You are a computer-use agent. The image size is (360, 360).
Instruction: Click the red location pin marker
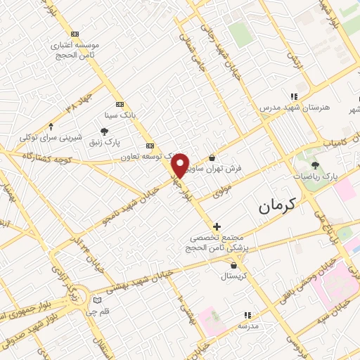181,165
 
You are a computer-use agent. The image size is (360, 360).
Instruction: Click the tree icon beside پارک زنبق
105,131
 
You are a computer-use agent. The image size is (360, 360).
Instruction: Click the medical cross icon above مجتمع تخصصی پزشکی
217,226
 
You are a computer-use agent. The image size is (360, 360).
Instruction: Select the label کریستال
233,276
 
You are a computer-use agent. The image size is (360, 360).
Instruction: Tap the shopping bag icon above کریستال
233,265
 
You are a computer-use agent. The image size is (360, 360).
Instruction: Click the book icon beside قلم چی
98,301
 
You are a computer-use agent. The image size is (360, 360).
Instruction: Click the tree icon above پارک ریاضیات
314,165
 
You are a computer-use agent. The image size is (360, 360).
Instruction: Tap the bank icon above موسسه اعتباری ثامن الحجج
75,33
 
